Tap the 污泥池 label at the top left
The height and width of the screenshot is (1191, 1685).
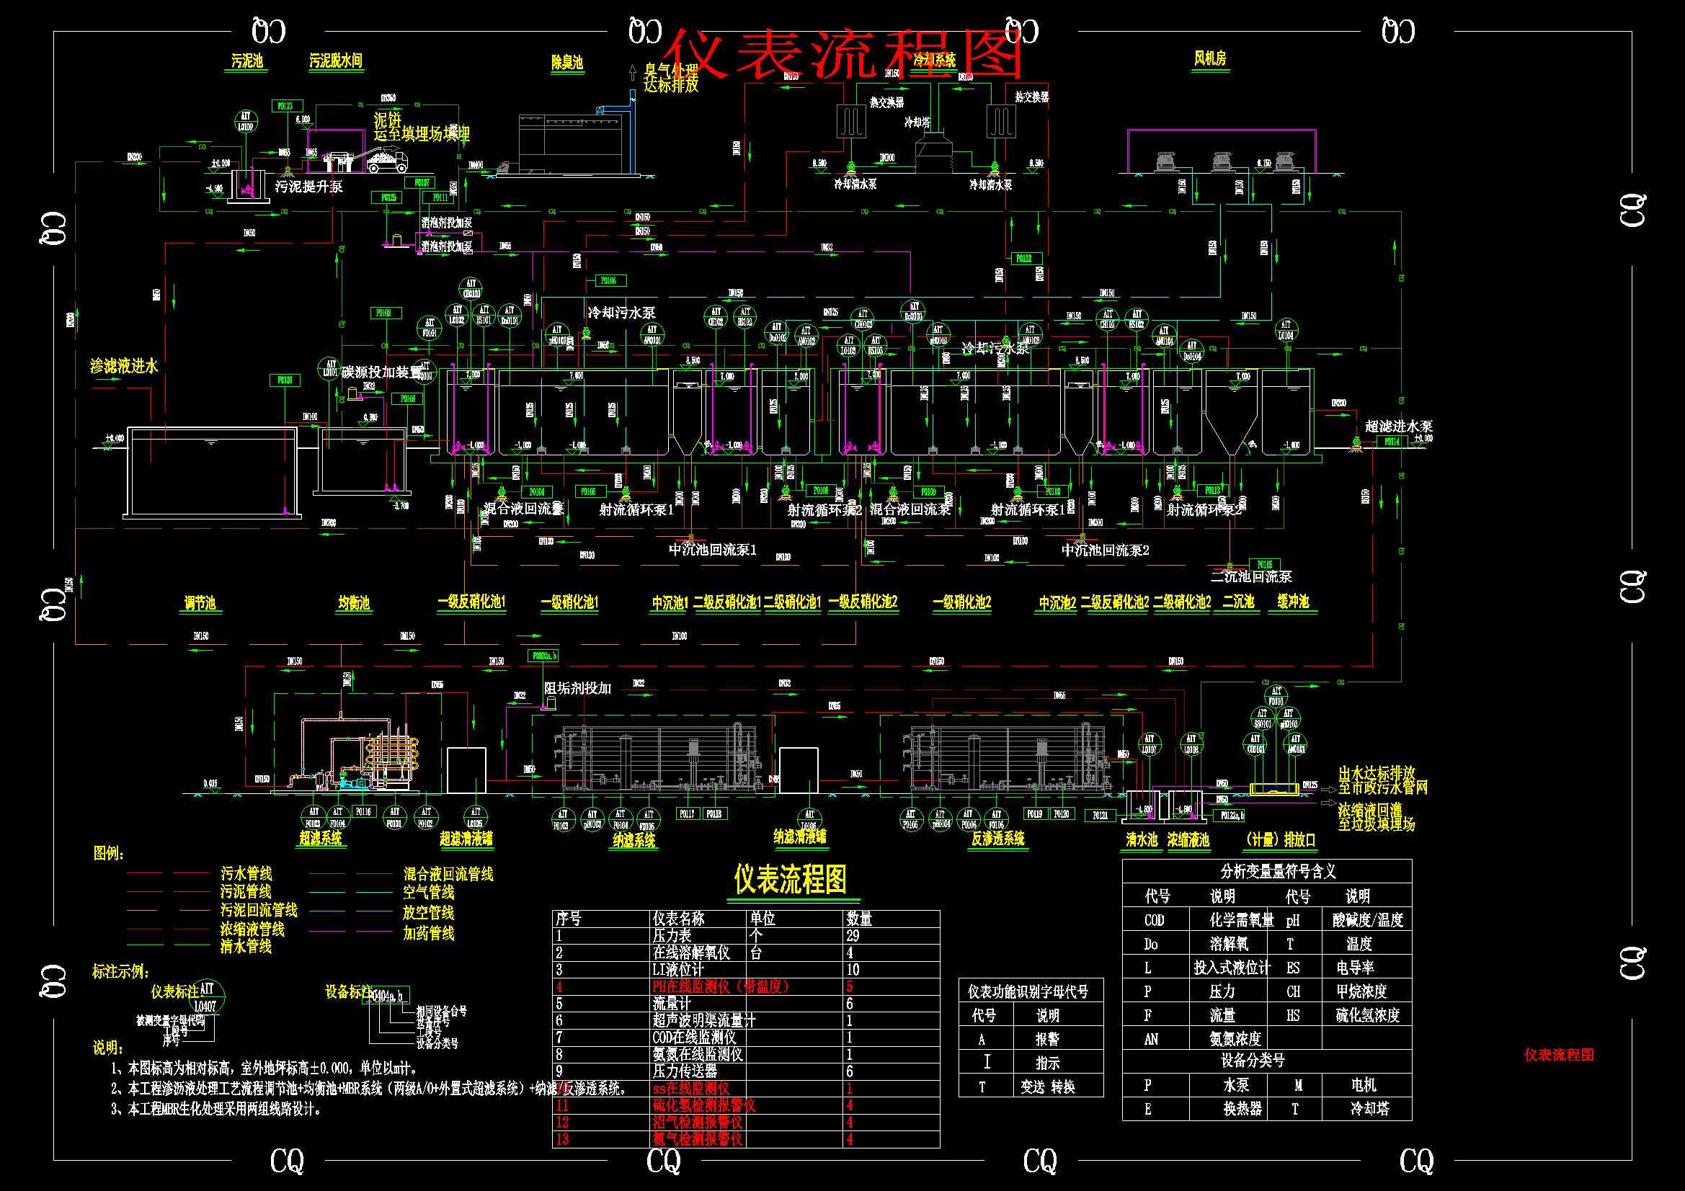pyautogui.click(x=246, y=61)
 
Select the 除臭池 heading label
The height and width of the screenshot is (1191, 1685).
pyautogui.click(x=566, y=63)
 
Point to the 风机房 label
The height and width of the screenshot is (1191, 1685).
pyautogui.click(x=1209, y=58)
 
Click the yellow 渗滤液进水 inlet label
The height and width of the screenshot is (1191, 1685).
pyautogui.click(x=123, y=366)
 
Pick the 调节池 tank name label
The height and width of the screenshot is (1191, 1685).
pyautogui.click(x=200, y=603)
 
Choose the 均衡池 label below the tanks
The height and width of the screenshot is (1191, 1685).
pyautogui.click(x=354, y=603)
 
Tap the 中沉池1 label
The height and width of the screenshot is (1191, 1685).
pyautogui.click(x=670, y=603)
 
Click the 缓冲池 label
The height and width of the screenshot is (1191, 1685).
pyautogui.click(x=1292, y=602)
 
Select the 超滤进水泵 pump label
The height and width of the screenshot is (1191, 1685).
pyautogui.click(x=1398, y=427)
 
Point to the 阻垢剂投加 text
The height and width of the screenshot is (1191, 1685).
pyautogui.click(x=577, y=688)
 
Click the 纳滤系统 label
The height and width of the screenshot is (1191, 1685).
pyautogui.click(x=634, y=839)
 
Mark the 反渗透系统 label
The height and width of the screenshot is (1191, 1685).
pyautogui.click(x=997, y=839)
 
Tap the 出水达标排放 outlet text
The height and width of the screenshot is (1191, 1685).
pyautogui.click(x=1377, y=773)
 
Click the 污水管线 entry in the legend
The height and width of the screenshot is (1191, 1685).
pyautogui.click(x=246, y=874)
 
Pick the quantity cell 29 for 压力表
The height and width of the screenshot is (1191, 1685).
pyautogui.click(x=853, y=936)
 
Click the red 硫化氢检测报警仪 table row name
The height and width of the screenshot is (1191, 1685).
pyautogui.click(x=704, y=1105)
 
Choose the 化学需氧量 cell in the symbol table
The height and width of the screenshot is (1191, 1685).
pyautogui.click(x=1242, y=920)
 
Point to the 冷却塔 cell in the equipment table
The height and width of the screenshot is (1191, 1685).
pyautogui.click(x=1369, y=1109)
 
